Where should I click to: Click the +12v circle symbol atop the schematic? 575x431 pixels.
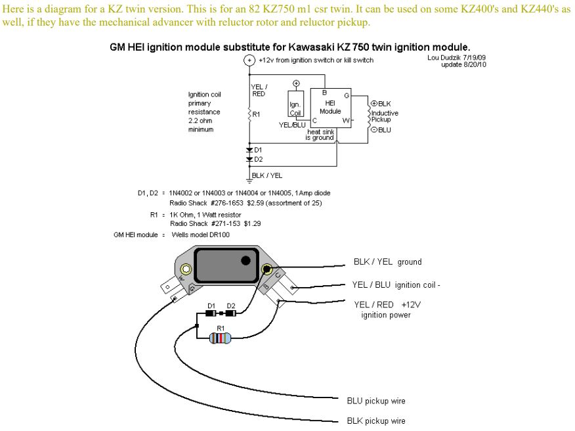tap(249, 60)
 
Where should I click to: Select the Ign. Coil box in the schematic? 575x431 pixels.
tap(295, 108)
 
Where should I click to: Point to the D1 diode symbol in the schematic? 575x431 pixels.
tap(249, 150)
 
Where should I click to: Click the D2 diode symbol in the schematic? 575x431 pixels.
tap(249, 159)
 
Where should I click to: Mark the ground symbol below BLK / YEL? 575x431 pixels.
tap(249, 180)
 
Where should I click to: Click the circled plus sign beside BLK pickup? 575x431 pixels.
tap(374, 103)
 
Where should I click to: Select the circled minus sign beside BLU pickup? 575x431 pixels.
tap(374, 129)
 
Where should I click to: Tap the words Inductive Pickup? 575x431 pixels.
tap(385, 116)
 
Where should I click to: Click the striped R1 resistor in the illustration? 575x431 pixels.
tap(220, 338)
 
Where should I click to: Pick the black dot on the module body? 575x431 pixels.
tap(245, 260)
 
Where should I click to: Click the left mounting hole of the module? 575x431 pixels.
tap(186, 269)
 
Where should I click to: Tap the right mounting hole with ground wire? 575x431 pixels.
tap(266, 269)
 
